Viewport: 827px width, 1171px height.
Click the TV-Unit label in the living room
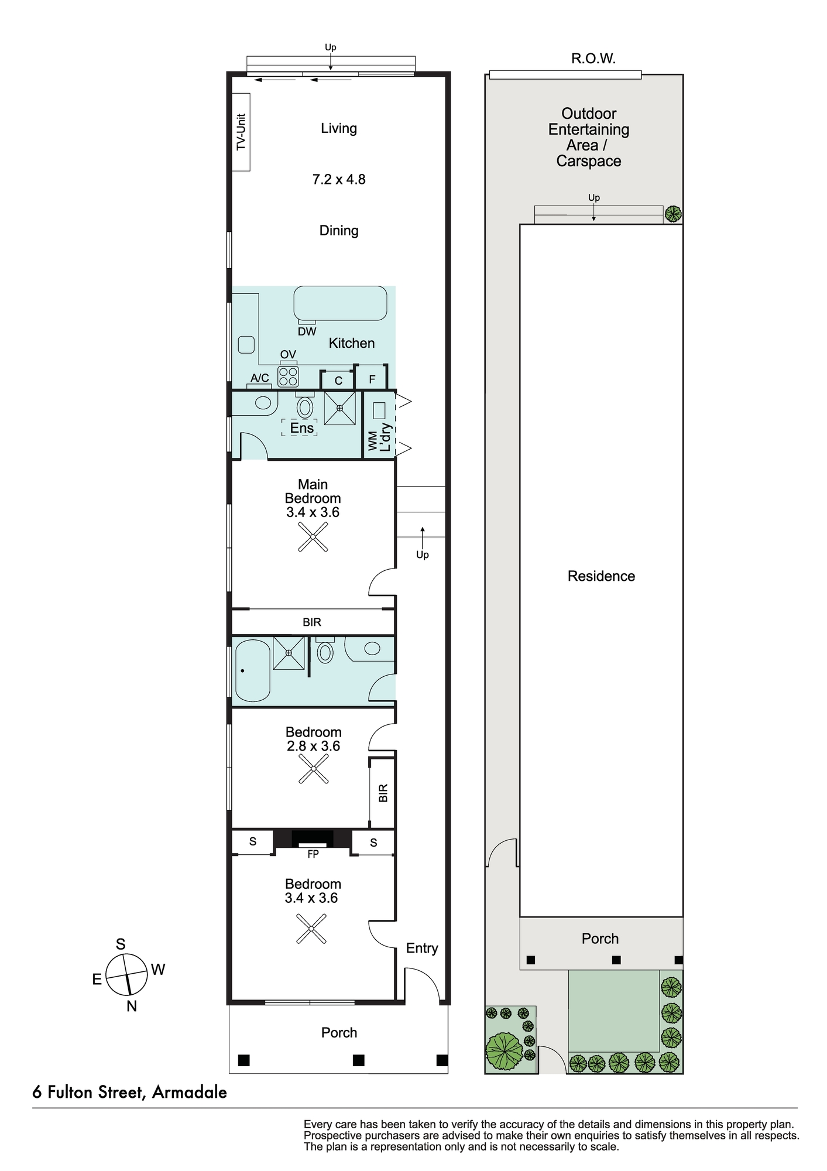click(241, 132)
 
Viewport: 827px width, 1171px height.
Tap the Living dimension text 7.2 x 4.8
click(339, 180)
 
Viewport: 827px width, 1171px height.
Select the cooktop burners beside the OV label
click(288, 376)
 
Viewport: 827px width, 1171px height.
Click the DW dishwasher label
click(307, 331)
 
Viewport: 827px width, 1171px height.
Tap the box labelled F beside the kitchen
click(372, 378)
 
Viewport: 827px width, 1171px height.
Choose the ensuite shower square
click(339, 408)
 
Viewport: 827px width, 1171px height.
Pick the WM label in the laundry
click(373, 440)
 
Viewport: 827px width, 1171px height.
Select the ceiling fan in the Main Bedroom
click(313, 537)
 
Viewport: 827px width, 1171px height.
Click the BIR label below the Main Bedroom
click(312, 622)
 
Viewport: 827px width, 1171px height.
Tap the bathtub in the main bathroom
click(252, 670)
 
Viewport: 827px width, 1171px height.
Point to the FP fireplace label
click(313, 854)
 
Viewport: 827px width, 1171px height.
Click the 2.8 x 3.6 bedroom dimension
click(313, 746)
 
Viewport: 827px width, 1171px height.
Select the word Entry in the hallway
click(422, 948)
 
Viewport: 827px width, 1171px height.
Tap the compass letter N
click(132, 1006)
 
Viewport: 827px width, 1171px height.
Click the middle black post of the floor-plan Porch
click(359, 1060)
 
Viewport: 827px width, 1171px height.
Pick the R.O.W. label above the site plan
click(593, 59)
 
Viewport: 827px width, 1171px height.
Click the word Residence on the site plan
click(601, 576)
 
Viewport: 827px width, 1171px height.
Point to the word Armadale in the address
click(189, 1093)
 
